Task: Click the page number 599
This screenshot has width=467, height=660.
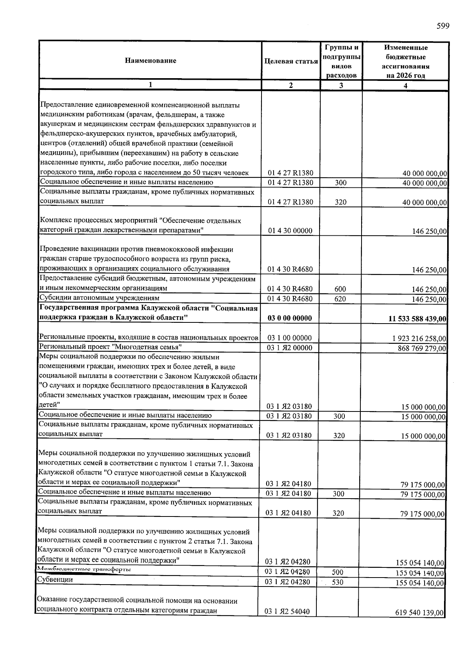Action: point(443,26)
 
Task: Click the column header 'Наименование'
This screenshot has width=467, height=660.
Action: point(150,61)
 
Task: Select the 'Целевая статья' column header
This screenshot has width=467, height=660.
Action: point(291,61)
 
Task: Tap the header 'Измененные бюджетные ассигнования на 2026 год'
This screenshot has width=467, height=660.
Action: point(406,61)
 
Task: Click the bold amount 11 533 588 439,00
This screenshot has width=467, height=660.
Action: point(417,319)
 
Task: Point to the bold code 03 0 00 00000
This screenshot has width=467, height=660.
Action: point(290,318)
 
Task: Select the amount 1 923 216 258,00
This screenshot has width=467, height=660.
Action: point(419,339)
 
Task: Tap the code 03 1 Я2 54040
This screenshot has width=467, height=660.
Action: point(287,612)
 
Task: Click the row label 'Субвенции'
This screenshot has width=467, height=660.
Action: point(55,579)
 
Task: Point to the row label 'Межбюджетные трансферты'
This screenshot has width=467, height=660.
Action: point(84,569)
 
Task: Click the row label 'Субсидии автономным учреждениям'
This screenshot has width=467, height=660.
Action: point(100,298)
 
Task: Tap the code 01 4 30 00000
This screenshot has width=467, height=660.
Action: point(290,231)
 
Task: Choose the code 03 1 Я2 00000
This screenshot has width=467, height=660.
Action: point(289,348)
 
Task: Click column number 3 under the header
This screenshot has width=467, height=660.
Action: point(341,86)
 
